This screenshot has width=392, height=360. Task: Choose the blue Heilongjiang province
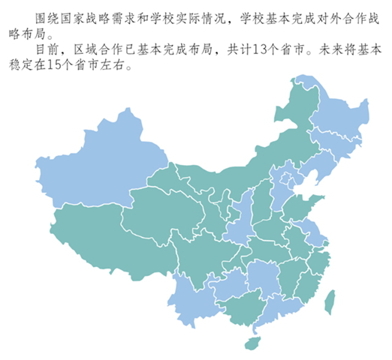pyautogui.click(x=334, y=112)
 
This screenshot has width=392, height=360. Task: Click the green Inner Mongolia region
pyautogui.click(x=248, y=157)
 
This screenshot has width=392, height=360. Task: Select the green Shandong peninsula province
pyautogui.click(x=304, y=205)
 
